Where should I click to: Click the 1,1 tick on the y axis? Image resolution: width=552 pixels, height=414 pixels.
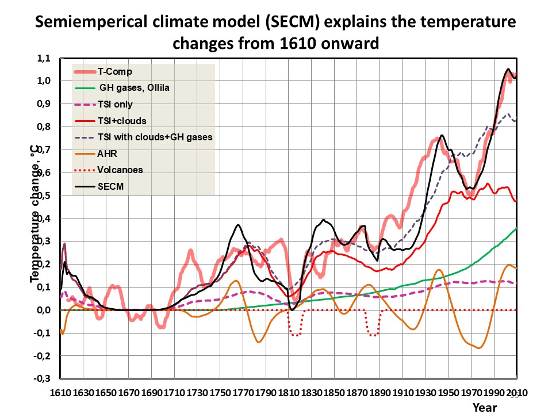[x=43, y=58]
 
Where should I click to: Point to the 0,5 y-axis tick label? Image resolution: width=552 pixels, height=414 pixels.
[x=43, y=195]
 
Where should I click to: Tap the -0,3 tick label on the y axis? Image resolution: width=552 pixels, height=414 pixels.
[x=41, y=379]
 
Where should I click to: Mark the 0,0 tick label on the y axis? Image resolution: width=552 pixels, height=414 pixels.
[x=43, y=310]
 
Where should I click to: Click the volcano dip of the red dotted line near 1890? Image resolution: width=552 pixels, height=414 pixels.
[x=373, y=334]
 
